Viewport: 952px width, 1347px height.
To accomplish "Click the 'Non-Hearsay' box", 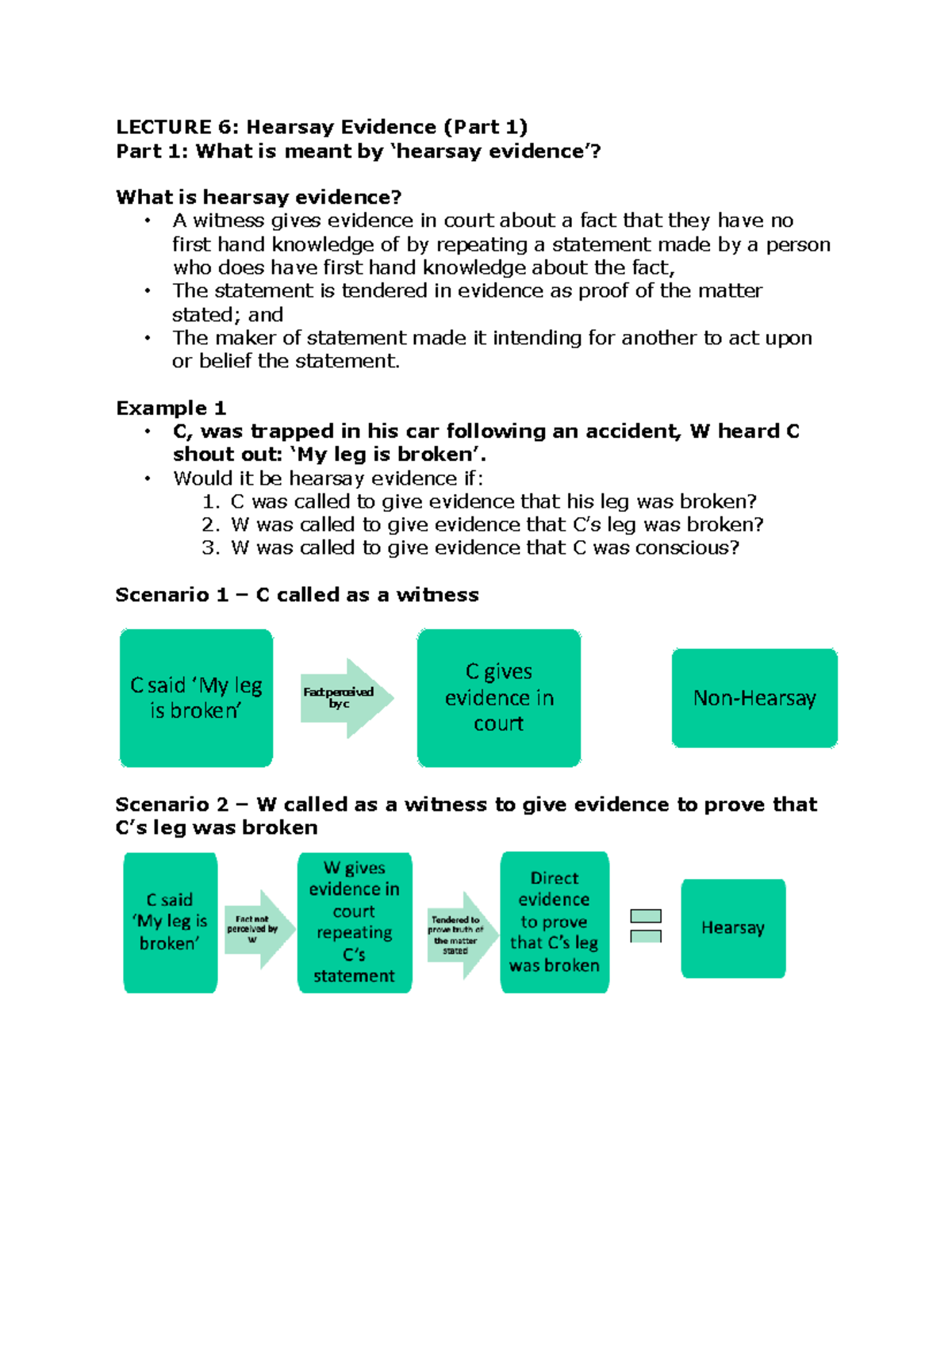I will (754, 698).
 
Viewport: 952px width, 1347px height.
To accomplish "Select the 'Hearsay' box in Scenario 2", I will (733, 928).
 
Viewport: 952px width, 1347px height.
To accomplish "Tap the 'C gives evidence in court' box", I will (498, 698).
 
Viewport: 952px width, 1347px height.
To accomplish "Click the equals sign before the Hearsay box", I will (646, 926).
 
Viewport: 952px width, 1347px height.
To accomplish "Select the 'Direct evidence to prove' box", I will (555, 922).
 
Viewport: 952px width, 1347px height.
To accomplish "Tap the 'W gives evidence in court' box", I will (354, 922).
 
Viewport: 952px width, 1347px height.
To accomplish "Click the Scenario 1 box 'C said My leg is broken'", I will (196, 698).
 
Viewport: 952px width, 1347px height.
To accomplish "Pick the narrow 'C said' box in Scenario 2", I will (170, 922).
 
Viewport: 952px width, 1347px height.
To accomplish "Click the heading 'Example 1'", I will (171, 409).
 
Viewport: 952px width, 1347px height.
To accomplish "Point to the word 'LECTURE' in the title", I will (163, 127).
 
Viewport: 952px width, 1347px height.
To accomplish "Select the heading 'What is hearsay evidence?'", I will (259, 197).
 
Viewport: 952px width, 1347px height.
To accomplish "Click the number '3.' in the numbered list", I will (210, 548).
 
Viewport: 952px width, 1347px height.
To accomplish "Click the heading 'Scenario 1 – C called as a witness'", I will (297, 595).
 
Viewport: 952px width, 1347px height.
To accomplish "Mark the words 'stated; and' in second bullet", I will (228, 315).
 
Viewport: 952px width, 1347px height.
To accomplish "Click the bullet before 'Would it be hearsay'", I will (148, 478).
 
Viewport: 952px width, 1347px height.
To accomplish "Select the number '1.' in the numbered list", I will (210, 502).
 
